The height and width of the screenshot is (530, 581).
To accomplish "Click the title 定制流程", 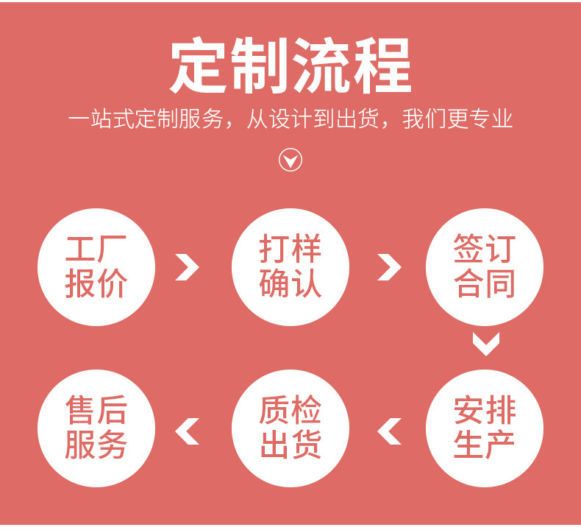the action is [290, 68].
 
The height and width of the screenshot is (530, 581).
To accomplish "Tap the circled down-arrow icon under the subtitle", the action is [290, 160].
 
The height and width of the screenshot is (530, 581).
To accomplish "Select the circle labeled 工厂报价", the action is [96, 266].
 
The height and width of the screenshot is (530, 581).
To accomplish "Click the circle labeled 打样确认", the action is [290, 266].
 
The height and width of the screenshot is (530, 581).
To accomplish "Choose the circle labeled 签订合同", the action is [485, 266].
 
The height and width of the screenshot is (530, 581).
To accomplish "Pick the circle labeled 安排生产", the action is [485, 428].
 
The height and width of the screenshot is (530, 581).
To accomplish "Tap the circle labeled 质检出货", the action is [290, 428].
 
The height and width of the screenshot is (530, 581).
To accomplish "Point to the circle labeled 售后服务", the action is [96, 428].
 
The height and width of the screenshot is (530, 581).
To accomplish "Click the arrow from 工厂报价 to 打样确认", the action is [188, 266].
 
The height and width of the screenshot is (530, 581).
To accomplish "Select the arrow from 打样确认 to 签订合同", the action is [389, 266].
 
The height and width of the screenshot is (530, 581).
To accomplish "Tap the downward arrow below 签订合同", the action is [485, 343].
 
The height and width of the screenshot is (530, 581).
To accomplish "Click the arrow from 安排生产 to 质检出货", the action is [390, 431].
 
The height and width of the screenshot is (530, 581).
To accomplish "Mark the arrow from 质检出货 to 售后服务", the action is [188, 431].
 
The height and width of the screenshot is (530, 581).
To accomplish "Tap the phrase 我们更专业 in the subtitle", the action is [457, 119].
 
